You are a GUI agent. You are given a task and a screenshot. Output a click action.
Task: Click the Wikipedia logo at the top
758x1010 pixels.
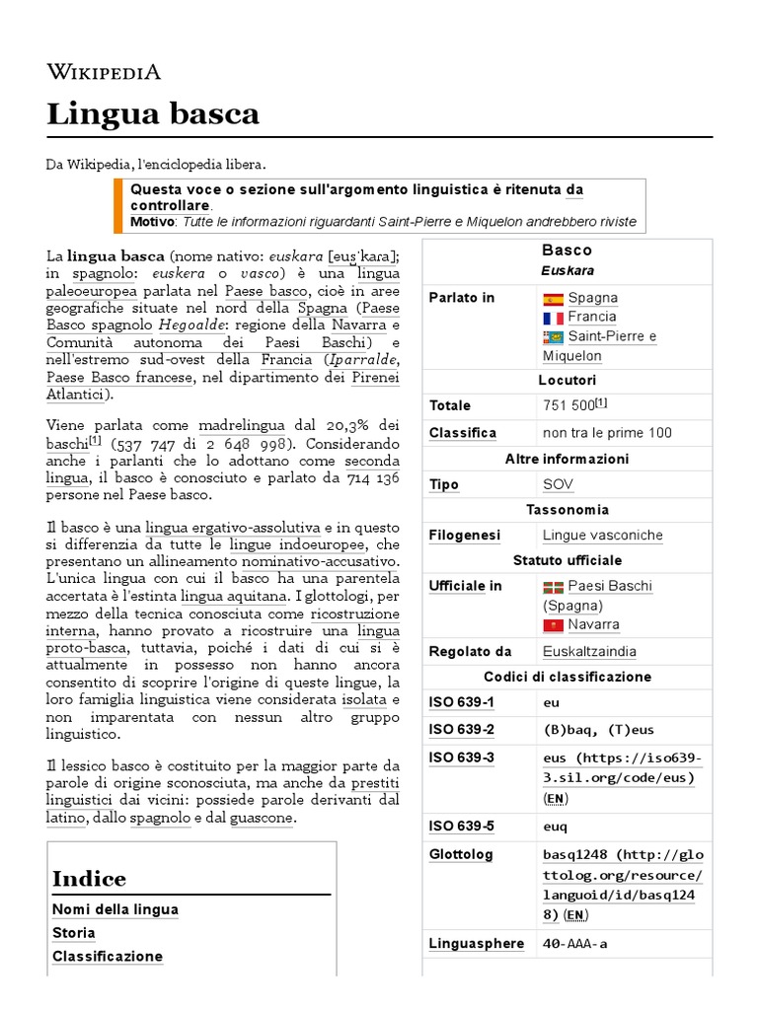(104, 71)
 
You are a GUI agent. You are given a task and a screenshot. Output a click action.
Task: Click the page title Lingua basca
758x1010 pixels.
(153, 114)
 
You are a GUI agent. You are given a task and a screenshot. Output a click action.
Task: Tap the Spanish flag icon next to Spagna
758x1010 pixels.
(553, 298)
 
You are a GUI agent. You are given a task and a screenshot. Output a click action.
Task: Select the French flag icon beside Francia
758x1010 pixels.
(553, 318)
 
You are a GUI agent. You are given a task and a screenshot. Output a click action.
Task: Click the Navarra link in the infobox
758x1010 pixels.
(593, 624)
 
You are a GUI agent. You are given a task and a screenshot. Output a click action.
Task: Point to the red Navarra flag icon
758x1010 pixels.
(553, 625)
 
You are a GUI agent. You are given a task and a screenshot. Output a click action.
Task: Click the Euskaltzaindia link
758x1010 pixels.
(589, 651)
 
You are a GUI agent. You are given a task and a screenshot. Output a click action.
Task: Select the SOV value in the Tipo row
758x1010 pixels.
(558, 484)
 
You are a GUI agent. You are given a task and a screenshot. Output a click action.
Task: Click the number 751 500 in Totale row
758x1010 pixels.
(568, 405)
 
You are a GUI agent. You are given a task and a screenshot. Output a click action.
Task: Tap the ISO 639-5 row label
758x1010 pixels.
(461, 827)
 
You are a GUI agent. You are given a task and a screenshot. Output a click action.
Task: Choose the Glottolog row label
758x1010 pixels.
(461, 854)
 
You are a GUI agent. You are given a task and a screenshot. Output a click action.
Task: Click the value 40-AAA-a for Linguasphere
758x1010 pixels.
(575, 944)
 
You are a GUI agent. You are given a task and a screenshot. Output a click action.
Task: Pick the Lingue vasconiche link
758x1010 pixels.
(602, 535)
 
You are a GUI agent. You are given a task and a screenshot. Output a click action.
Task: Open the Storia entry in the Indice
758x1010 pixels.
(74, 933)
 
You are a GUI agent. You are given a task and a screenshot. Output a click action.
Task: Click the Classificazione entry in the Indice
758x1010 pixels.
(108, 957)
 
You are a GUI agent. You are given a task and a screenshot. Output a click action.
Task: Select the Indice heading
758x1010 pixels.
(89, 879)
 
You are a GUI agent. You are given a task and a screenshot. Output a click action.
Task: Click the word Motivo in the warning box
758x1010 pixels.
(151, 221)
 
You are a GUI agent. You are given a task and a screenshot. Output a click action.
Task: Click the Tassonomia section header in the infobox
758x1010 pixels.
(567, 510)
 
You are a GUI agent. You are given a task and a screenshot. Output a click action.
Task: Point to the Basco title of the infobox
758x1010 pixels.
(567, 251)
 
